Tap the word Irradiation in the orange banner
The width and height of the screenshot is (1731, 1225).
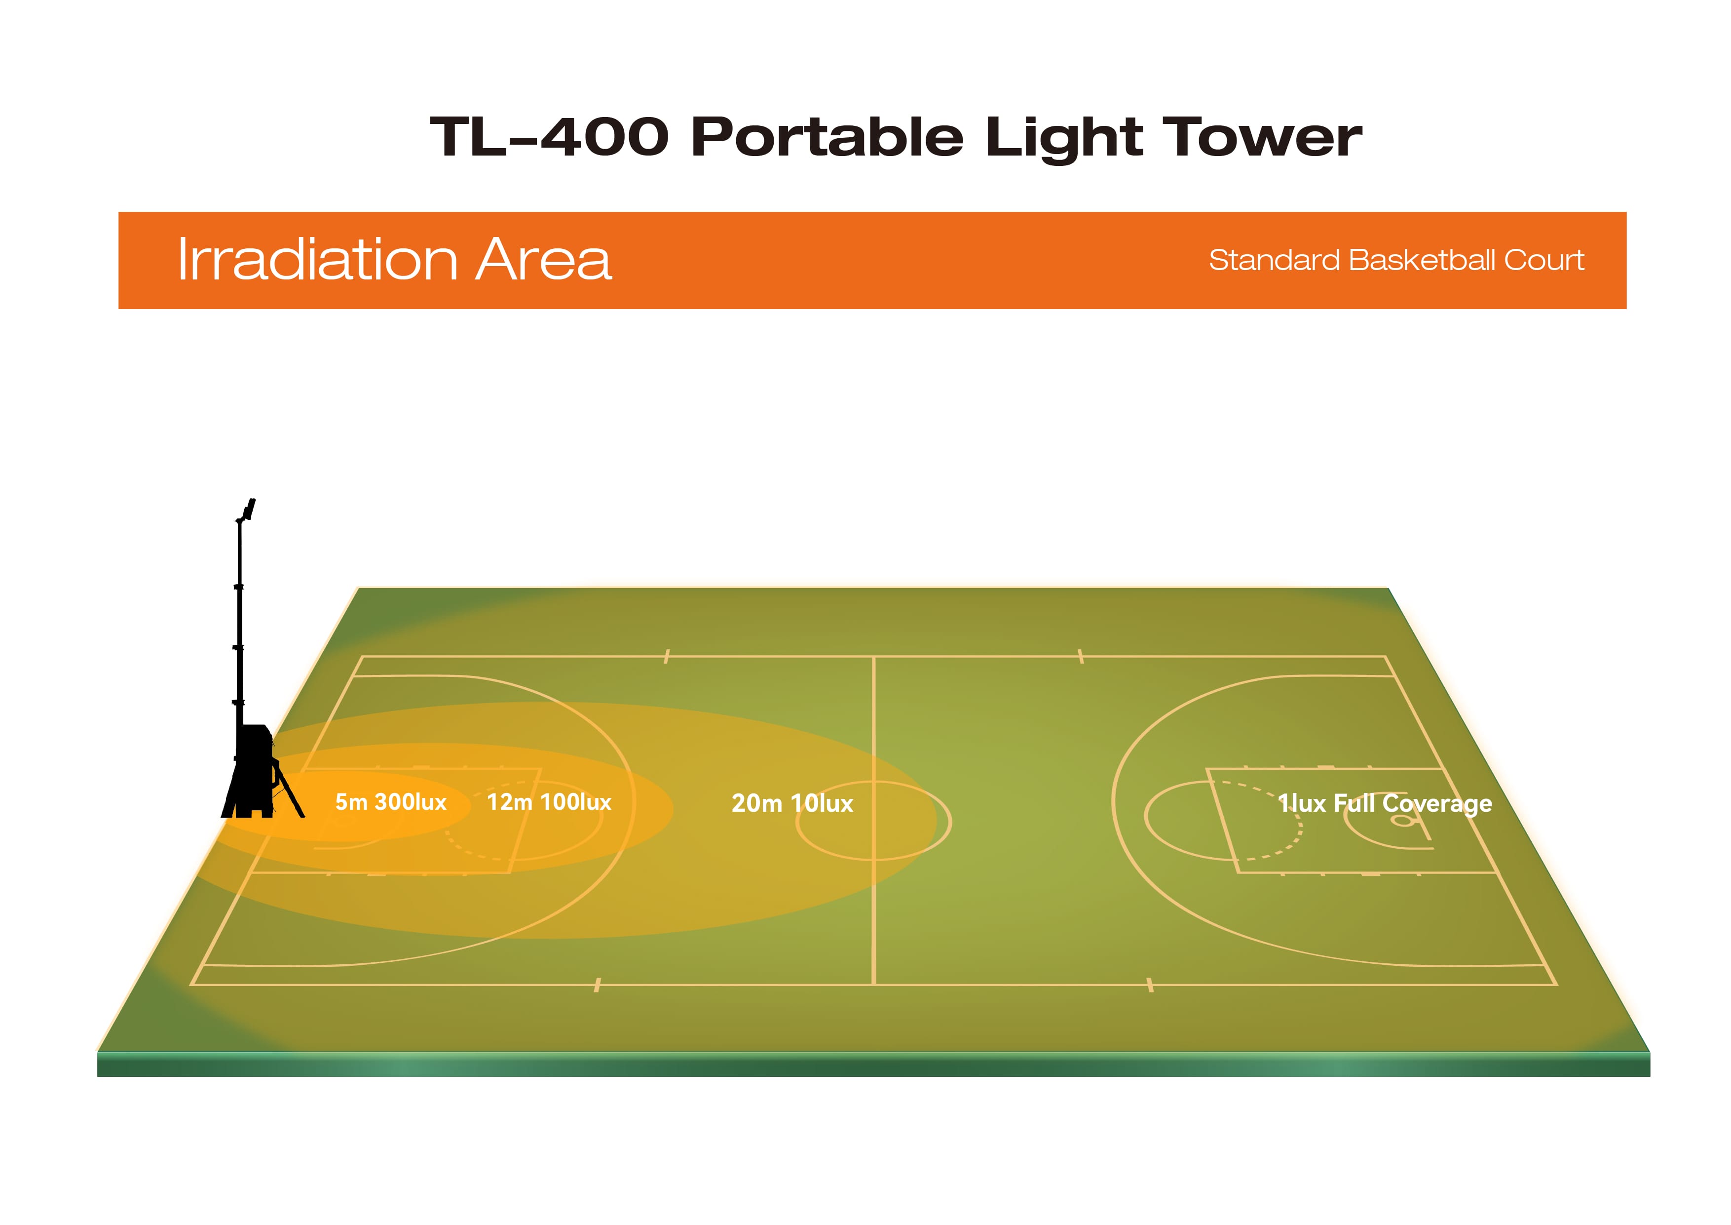click(317, 260)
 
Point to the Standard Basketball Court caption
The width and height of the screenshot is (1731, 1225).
click(1396, 260)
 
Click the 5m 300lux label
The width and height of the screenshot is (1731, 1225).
click(390, 802)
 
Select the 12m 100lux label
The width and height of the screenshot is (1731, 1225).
click(549, 802)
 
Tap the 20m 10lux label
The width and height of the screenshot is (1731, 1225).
click(792, 803)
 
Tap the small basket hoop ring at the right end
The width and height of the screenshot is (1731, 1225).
click(1402, 821)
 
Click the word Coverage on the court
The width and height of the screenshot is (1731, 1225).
click(1437, 805)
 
